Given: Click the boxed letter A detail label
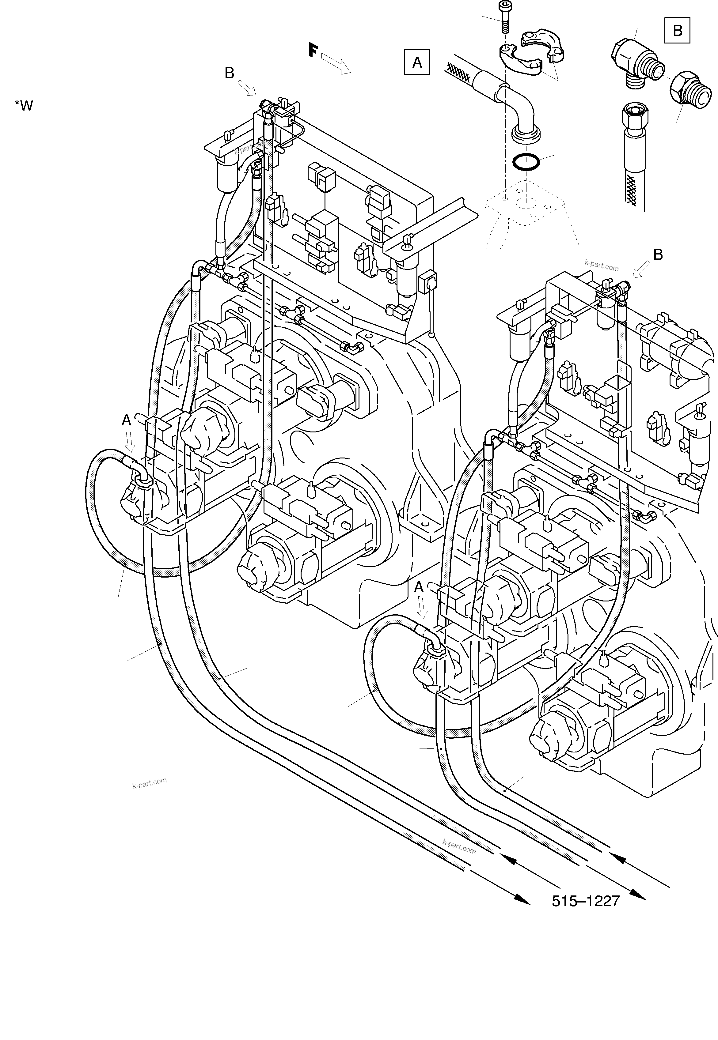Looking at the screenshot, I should coord(417,62).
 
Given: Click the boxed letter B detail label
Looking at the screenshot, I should coord(677,30).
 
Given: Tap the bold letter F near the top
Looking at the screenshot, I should coord(313,50).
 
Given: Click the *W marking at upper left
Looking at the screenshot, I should coord(24,106).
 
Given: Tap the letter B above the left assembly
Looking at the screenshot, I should coord(230,73).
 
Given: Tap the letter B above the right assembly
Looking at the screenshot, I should coord(658,255).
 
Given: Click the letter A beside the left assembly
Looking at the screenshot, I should coord(127,421).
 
